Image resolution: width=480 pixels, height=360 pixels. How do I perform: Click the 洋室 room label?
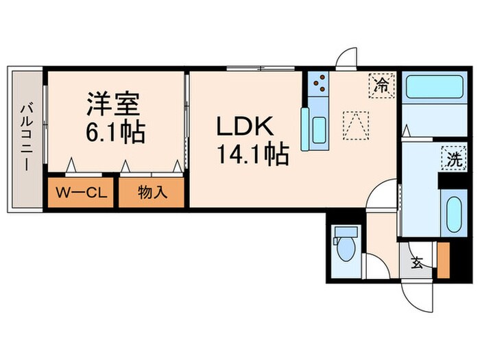click(x=114, y=104)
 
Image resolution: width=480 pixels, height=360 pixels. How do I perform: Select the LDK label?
click(x=245, y=127)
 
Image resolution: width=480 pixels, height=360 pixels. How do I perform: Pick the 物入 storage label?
click(x=152, y=193)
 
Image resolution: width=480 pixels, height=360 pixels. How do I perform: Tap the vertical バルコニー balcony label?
click(x=25, y=136)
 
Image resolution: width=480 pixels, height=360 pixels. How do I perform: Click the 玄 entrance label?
click(x=416, y=262)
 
